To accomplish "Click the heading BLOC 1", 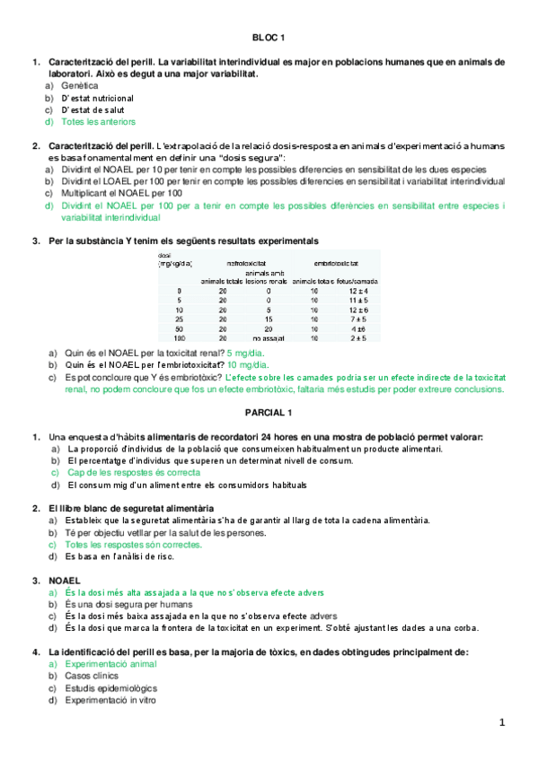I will point(269,38).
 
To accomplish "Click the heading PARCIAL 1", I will point(269,412).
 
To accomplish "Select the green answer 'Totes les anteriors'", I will point(99,121).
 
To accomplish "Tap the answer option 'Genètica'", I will point(80,85).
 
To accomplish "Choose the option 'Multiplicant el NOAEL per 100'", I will point(122,193).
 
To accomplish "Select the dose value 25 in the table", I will point(180,318).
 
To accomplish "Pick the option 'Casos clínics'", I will point(93,675).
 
